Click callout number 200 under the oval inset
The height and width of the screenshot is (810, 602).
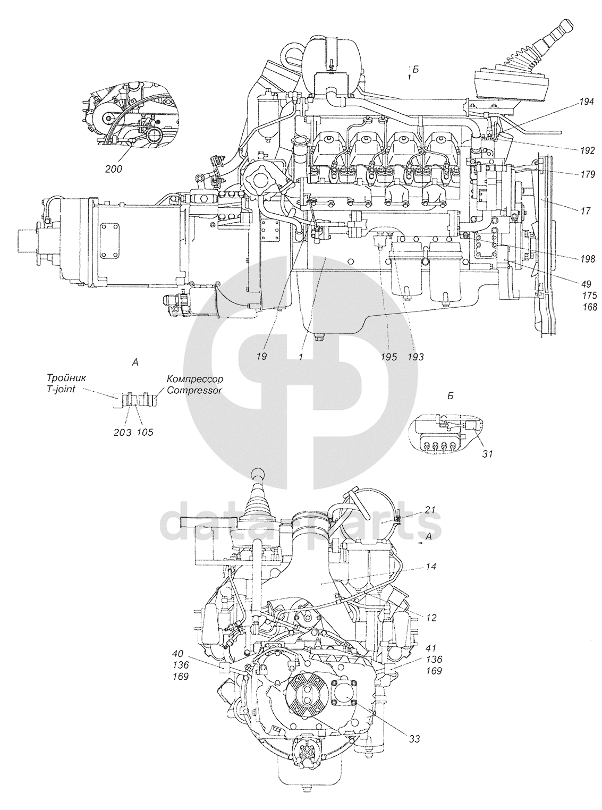click(x=113, y=169)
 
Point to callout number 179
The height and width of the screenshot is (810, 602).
click(x=587, y=174)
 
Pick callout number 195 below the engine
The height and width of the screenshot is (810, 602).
click(x=388, y=357)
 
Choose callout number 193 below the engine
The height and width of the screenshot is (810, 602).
click(x=416, y=357)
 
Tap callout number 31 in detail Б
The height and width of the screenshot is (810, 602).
click(x=487, y=454)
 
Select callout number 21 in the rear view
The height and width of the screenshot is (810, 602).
click(x=430, y=510)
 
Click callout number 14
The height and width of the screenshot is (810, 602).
click(x=431, y=567)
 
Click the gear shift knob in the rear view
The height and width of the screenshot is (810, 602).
click(x=258, y=475)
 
